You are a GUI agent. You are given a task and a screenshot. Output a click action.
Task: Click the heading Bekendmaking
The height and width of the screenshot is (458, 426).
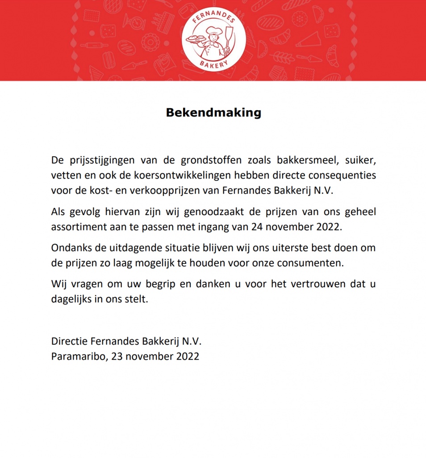click(x=213, y=112)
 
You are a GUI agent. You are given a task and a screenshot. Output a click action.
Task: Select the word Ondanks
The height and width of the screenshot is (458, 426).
click(x=69, y=248)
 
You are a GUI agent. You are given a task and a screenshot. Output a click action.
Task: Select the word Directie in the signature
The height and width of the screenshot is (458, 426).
click(x=69, y=342)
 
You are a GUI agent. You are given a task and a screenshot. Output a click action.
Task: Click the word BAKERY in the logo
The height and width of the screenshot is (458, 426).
click(x=213, y=64)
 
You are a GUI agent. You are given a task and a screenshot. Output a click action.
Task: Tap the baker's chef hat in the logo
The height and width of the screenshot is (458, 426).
click(x=214, y=30)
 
